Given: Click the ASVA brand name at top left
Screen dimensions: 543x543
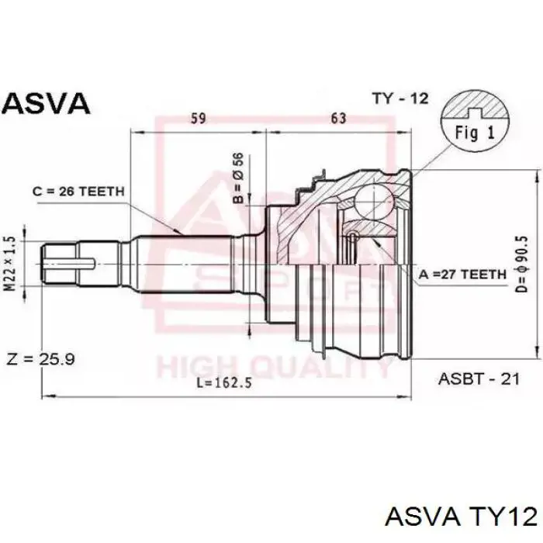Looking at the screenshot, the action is click(x=47, y=103).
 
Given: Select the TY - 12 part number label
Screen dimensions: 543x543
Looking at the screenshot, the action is click(x=400, y=99).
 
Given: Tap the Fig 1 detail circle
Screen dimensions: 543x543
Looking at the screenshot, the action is click(x=475, y=123).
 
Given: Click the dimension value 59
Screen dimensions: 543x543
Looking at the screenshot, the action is click(x=199, y=118).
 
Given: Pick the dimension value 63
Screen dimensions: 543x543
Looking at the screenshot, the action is click(x=338, y=118).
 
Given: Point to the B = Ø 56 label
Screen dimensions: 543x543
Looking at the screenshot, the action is click(x=238, y=178).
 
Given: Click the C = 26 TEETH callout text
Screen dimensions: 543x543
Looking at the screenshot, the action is click(x=78, y=191).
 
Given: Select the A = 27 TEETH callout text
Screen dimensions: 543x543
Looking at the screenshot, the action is click(x=462, y=275).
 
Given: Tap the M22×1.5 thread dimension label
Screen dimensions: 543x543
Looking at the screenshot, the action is click(x=11, y=264).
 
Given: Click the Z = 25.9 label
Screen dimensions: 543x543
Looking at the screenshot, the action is click(x=41, y=359).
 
